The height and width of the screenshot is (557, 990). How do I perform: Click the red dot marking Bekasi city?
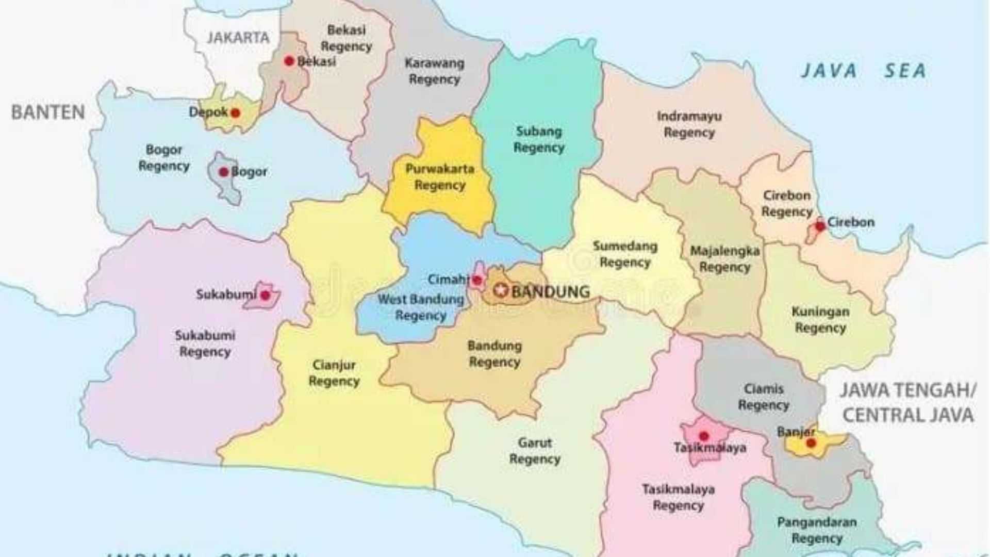tap(289, 61)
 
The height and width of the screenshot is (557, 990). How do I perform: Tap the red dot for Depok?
tap(235, 113)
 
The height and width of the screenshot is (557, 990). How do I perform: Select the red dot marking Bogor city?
tap(224, 172)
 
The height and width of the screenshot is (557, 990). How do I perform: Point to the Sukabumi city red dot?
tap(265, 296)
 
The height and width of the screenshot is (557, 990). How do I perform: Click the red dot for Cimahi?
tap(477, 281)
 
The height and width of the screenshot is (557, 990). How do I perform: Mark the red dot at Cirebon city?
tap(820, 226)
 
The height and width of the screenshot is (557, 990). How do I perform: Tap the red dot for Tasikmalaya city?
tap(704, 436)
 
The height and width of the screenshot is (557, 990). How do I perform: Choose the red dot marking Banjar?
tap(811, 443)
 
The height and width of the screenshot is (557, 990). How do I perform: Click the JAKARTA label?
tap(238, 38)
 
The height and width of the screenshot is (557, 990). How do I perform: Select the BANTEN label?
tap(48, 112)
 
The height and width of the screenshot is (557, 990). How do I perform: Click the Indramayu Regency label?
tap(689, 124)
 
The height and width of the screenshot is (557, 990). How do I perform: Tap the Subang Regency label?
tap(539, 139)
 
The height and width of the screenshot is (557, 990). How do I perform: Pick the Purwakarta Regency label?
tap(440, 176)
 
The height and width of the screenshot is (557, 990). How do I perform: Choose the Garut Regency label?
tap(535, 451)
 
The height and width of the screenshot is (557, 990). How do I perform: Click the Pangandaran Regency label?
tap(817, 530)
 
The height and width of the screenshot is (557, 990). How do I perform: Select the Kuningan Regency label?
tap(820, 320)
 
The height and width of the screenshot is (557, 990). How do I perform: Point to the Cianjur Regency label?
tap(334, 373)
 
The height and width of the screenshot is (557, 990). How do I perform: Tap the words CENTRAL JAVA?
tap(907, 415)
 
